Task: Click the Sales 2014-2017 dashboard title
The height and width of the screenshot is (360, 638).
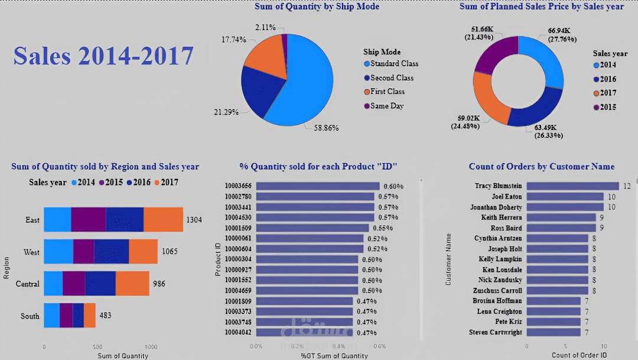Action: pos(103,56)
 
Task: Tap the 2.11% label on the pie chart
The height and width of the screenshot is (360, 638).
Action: pos(265,27)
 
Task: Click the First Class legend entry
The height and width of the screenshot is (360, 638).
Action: pos(387,92)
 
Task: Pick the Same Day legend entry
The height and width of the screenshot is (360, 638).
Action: pos(386,106)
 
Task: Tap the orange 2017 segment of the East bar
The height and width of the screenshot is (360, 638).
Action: pos(163,220)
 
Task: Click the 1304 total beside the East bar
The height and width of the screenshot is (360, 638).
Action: pos(194,220)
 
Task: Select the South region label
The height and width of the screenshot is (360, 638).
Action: pos(30,316)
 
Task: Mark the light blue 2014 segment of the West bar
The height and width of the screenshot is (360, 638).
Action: pos(58,252)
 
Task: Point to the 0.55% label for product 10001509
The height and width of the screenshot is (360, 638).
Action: pos(381,228)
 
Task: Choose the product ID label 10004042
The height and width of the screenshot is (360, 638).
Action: pos(237,333)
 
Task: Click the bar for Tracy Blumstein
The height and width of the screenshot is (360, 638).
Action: pos(572,186)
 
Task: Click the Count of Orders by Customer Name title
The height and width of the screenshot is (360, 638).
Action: pos(542,167)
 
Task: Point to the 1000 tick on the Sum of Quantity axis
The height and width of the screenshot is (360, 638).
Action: pos(151,347)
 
